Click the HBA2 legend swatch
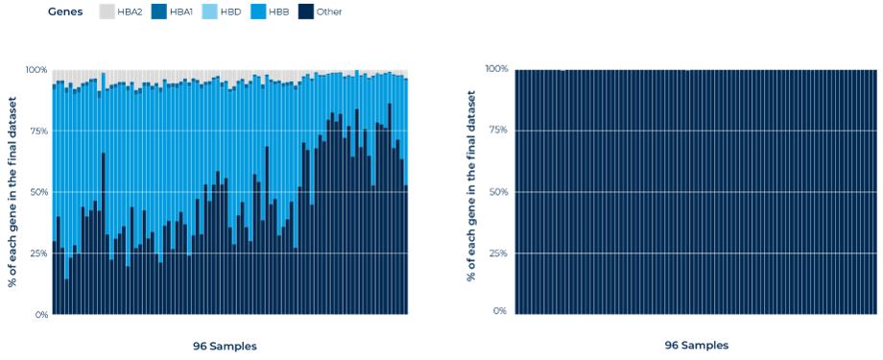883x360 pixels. (106, 12)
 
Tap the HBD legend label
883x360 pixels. (231, 12)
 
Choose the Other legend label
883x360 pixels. (329, 12)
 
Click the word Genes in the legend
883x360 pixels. (65, 12)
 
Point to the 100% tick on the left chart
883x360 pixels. (37, 70)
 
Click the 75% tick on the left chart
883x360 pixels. (40, 131)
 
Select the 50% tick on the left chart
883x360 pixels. (39, 192)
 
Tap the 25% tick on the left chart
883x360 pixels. (40, 252)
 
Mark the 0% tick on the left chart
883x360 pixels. (42, 314)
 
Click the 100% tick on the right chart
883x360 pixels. (497, 69)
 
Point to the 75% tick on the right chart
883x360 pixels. (499, 131)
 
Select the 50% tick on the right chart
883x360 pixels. (499, 192)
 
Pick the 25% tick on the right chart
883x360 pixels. (499, 252)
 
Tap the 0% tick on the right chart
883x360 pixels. (502, 311)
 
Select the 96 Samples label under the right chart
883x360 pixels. (697, 346)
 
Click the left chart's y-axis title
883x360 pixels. (12, 192)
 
